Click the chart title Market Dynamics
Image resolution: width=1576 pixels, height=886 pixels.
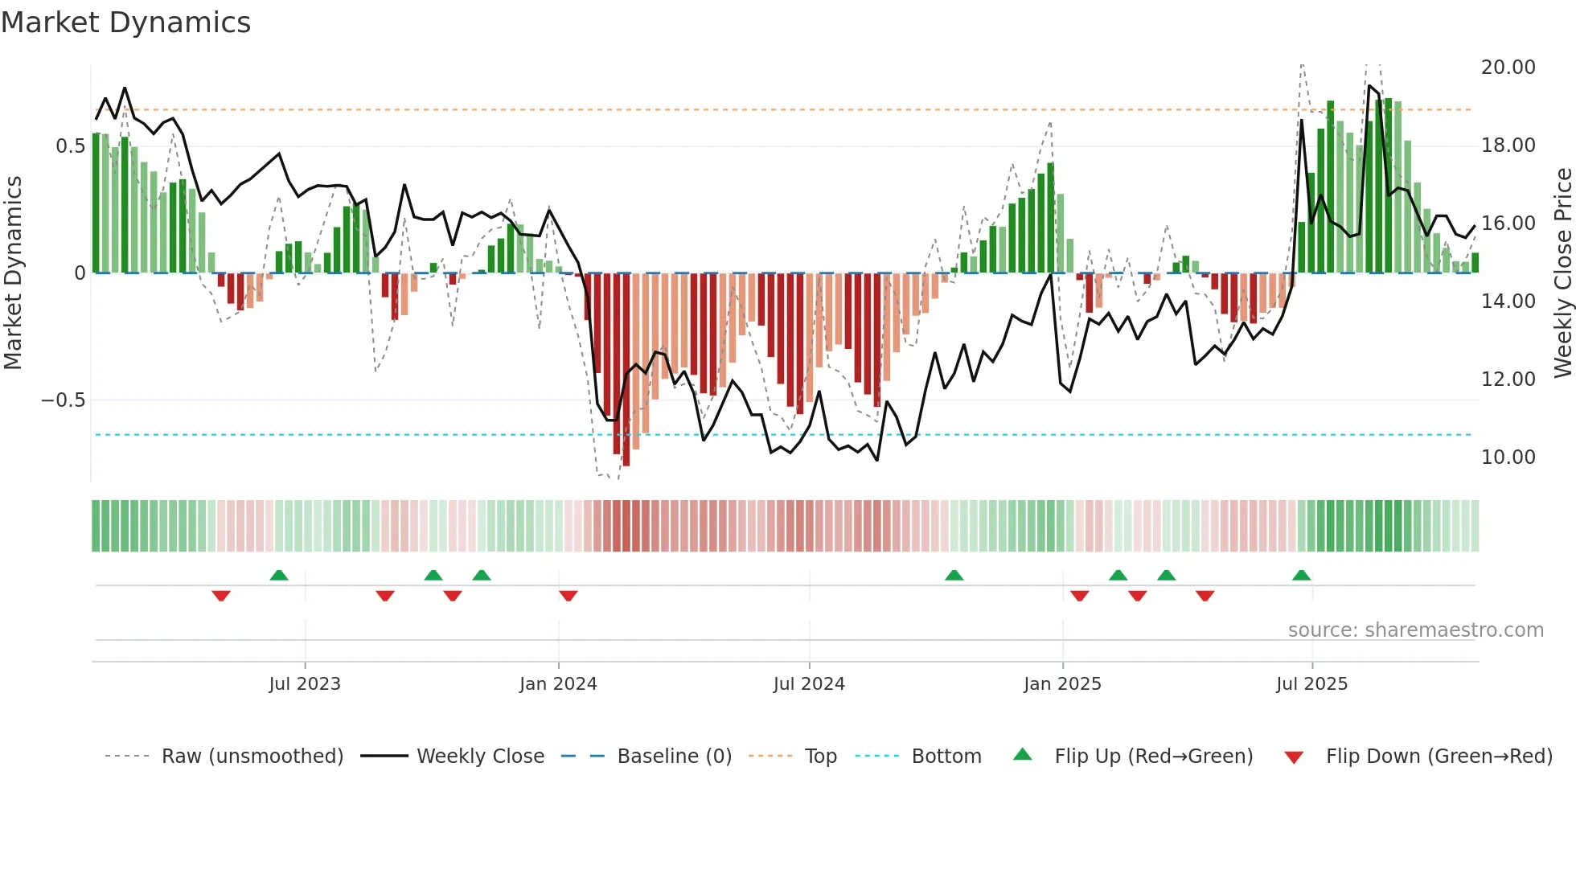[125, 23]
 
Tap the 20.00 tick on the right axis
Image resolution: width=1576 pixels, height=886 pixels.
[1508, 68]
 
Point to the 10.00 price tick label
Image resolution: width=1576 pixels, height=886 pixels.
[1508, 457]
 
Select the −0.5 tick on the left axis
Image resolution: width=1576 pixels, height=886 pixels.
[64, 400]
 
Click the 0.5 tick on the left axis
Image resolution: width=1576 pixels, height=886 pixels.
[70, 146]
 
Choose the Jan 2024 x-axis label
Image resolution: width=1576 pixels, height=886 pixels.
[558, 684]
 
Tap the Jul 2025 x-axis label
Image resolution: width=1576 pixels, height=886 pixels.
[1311, 684]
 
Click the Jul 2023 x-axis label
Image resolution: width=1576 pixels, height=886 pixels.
[305, 684]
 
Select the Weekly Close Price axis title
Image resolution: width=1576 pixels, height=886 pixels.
[1562, 273]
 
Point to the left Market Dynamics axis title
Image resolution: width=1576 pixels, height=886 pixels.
[13, 273]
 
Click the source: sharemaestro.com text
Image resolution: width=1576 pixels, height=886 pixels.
[1415, 630]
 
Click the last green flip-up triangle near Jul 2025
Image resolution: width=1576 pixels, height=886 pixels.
[1301, 575]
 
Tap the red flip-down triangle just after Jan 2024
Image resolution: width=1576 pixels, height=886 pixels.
[568, 596]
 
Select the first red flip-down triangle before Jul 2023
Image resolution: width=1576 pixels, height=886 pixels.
[221, 596]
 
